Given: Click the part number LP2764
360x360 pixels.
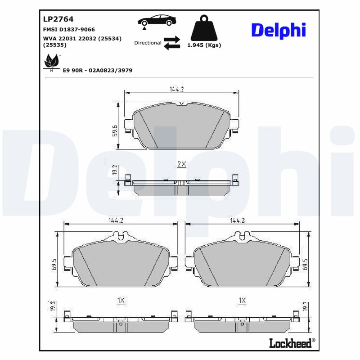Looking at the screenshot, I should click(x=58, y=19).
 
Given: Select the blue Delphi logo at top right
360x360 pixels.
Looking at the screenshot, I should click(x=278, y=30).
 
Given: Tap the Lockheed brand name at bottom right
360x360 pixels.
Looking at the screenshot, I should click(x=290, y=343).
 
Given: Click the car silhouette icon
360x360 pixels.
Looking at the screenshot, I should click(x=157, y=21).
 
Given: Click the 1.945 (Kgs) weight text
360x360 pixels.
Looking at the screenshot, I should click(x=204, y=45).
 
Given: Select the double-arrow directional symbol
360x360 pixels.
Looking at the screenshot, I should click(x=171, y=43).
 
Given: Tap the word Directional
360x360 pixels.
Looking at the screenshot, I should click(x=148, y=43).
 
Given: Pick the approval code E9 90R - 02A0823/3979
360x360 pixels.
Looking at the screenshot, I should click(x=98, y=71).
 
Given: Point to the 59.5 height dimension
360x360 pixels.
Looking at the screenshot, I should click(x=115, y=130).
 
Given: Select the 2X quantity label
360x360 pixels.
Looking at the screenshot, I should click(x=181, y=164).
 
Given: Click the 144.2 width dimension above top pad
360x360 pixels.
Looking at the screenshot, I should click(x=176, y=89).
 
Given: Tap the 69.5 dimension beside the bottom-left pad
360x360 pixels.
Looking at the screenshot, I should click(x=54, y=264).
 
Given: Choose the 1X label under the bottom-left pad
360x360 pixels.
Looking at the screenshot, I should click(x=121, y=300).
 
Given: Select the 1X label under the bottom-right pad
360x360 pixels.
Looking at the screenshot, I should click(x=242, y=300).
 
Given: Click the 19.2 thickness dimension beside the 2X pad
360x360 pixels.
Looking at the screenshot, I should click(x=115, y=170).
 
